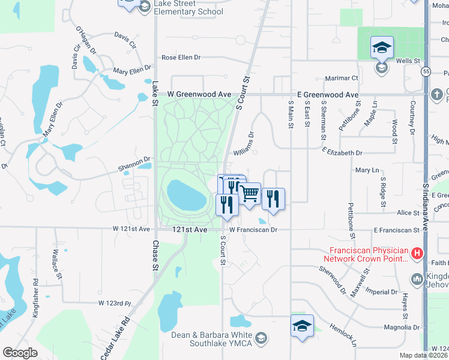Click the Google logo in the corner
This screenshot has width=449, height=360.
pos(20,353)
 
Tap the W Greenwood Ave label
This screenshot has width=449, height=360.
pos(199,95)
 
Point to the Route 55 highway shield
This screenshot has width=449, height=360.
pos(426,71)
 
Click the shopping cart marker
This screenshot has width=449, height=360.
pos(250,194)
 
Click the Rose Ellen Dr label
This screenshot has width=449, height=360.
pos(181,58)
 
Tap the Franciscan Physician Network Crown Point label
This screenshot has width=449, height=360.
pos(367,254)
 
